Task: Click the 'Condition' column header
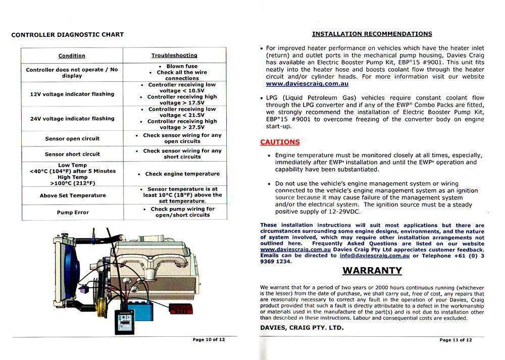(x=72, y=56)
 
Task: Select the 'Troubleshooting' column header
(x=174, y=56)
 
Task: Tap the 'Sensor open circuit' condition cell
(x=72, y=139)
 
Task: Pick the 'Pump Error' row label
(x=72, y=213)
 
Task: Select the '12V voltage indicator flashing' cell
(x=72, y=94)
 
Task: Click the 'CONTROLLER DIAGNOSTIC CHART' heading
(x=67, y=35)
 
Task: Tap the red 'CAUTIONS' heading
(x=280, y=142)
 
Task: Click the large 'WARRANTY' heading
(x=372, y=271)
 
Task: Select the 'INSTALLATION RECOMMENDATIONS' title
(x=372, y=34)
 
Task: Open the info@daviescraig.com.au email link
(x=375, y=255)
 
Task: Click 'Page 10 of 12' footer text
(x=209, y=340)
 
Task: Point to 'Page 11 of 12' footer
(x=456, y=340)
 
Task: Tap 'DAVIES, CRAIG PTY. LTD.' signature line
(x=302, y=328)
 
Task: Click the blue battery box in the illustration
(x=141, y=310)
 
